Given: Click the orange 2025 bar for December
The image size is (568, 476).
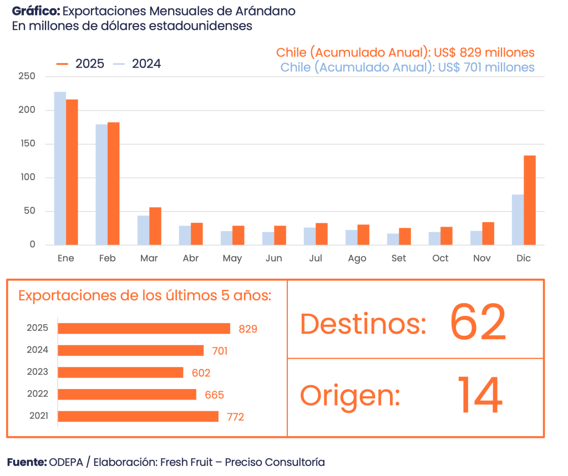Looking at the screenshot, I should (x=530, y=200).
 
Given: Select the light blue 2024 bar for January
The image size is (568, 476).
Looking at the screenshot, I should (x=60, y=168).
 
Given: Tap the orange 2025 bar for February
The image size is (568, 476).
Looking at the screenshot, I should (x=114, y=183).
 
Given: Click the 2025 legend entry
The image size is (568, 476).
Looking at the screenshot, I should (x=80, y=64).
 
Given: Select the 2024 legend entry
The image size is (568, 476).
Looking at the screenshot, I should (x=138, y=64).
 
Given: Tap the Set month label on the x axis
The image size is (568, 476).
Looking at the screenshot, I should (x=398, y=258).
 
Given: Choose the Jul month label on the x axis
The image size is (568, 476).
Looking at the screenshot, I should (x=315, y=258).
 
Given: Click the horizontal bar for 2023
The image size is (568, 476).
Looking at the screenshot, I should (x=120, y=372).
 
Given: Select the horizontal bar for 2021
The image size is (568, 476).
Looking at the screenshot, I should (x=138, y=416).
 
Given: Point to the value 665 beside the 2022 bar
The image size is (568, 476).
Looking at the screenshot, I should (x=214, y=395).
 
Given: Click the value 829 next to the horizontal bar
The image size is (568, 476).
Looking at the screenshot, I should (x=248, y=329).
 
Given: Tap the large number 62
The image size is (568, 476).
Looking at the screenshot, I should (x=478, y=323).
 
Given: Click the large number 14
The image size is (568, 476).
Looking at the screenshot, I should (x=480, y=396).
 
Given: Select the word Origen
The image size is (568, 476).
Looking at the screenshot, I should (x=350, y=396).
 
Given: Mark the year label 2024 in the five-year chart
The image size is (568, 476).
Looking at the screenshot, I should (x=38, y=350).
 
